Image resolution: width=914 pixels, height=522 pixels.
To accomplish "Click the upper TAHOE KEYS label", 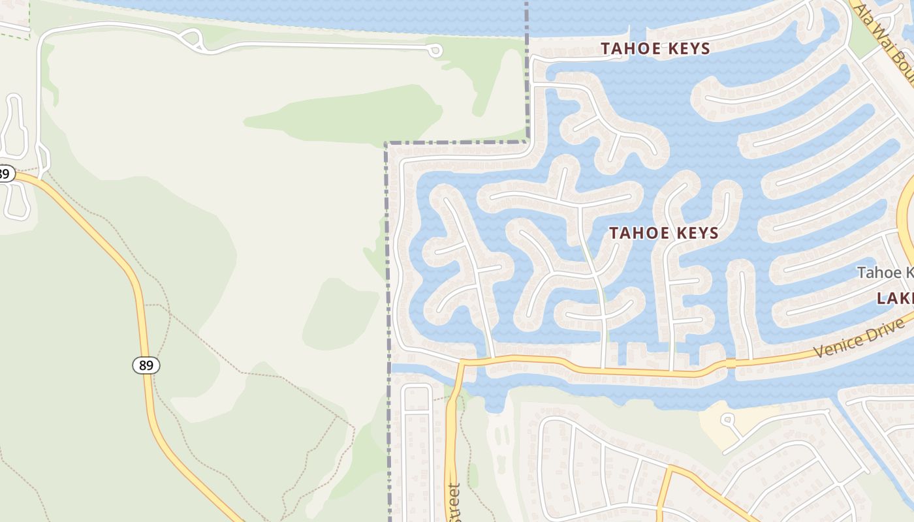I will pyautogui.click(x=655, y=48).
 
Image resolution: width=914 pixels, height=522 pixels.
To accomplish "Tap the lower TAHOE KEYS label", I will pyautogui.click(x=663, y=233).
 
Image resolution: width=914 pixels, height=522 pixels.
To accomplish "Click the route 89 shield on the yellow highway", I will pyautogui.click(x=146, y=365).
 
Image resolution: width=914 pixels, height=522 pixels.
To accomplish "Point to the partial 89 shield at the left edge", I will pyautogui.click(x=5, y=174).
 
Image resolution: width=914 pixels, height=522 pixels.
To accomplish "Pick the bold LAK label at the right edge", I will pyautogui.click(x=895, y=299).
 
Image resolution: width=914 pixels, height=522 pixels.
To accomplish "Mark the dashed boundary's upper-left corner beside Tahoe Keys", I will pyautogui.click(x=387, y=144).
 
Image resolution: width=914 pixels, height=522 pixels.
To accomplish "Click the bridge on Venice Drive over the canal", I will pyautogui.click(x=731, y=363).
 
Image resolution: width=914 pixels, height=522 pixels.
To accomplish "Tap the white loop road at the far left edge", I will pyautogui.click(x=14, y=124).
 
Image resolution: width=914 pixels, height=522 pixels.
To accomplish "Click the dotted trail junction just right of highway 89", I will pyautogui.click(x=168, y=313).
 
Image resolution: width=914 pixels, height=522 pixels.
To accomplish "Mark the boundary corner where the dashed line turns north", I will pyautogui.click(x=527, y=141).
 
